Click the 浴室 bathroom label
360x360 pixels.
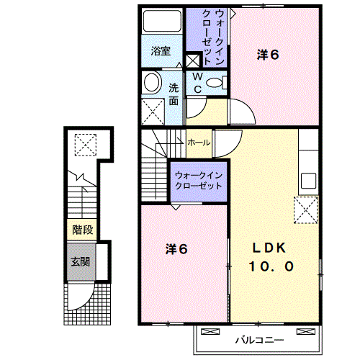coord(161,51)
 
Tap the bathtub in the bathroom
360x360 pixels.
coord(162,21)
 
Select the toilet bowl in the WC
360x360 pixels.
coord(215,83)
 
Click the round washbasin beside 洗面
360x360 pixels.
coord(152,82)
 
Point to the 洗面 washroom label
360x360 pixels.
coord(174,94)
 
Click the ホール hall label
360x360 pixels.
coord(199,143)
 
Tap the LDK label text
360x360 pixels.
coord(269,248)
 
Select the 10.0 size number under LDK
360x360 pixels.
coord(271,266)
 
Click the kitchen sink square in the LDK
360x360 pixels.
coord(308,181)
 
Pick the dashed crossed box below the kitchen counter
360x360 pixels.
coord(306,210)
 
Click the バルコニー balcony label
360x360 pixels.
coord(259,340)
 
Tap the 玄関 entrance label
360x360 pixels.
coord(81,261)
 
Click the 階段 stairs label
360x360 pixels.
coord(83,230)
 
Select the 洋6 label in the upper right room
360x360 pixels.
coord(268,55)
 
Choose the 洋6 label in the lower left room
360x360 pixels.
coord(176,249)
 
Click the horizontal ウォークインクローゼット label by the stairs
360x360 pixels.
coord(199,181)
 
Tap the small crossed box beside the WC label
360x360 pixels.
coord(193,60)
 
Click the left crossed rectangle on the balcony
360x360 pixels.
coord(210,331)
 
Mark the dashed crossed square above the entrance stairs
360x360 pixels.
coord(86,145)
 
